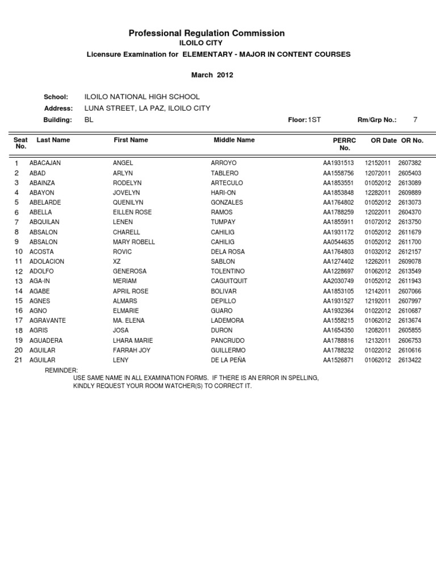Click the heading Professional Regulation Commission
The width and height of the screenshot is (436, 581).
(x=207, y=33)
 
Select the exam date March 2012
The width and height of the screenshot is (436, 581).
(x=212, y=74)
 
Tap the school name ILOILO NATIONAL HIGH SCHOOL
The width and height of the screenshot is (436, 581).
(x=142, y=97)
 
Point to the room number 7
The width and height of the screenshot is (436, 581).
(x=415, y=120)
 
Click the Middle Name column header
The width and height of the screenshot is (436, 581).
(x=234, y=140)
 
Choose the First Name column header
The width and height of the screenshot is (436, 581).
(x=131, y=140)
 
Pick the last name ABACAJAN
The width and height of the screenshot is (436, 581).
(x=45, y=163)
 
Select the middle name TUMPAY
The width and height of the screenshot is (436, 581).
(x=223, y=222)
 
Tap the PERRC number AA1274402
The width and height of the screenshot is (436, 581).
(x=338, y=262)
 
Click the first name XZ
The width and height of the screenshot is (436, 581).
(x=117, y=262)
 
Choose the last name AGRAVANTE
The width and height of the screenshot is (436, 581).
(x=47, y=321)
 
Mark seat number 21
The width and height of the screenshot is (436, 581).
(x=18, y=360)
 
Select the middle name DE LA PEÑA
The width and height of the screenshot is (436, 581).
(x=228, y=360)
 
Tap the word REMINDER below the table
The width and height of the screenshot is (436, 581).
(x=61, y=370)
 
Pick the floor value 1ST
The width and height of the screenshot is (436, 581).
(x=314, y=120)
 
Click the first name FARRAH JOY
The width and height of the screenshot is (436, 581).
(x=132, y=350)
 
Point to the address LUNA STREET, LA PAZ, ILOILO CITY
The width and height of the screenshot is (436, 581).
(x=147, y=108)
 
